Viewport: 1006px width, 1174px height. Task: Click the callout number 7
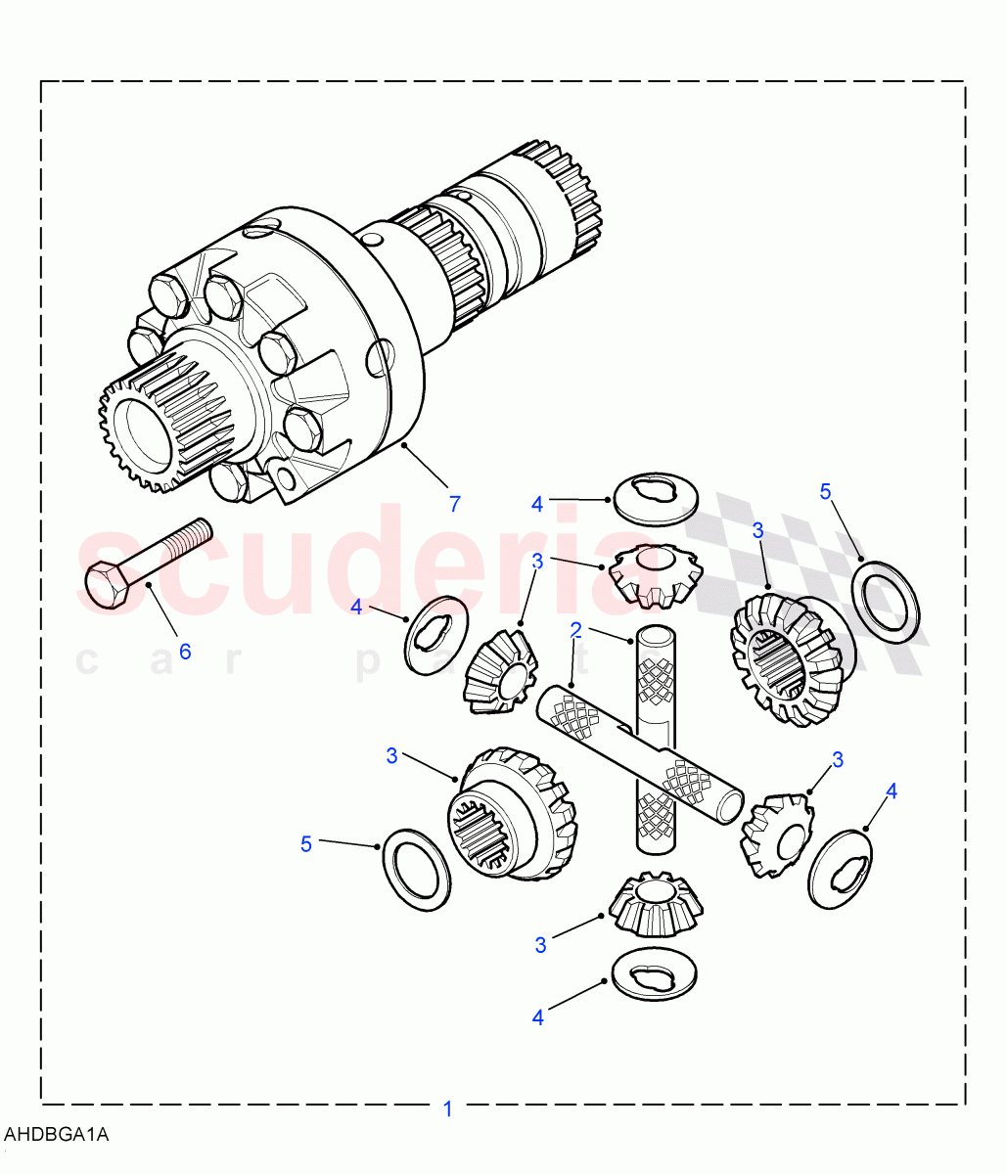(x=454, y=504)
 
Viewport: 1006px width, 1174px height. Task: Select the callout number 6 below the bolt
(x=184, y=651)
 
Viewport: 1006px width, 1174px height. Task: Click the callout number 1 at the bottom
(x=448, y=1109)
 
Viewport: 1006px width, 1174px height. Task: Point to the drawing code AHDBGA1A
(x=57, y=1135)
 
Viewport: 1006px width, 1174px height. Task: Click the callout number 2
(x=576, y=628)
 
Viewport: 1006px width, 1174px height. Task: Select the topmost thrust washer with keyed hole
(x=655, y=498)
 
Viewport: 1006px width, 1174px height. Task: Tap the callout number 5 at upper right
(x=825, y=491)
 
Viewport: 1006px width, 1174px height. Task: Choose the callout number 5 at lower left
(x=306, y=843)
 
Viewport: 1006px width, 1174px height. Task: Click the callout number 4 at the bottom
(x=537, y=1017)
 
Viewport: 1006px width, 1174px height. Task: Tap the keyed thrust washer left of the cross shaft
(x=435, y=634)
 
